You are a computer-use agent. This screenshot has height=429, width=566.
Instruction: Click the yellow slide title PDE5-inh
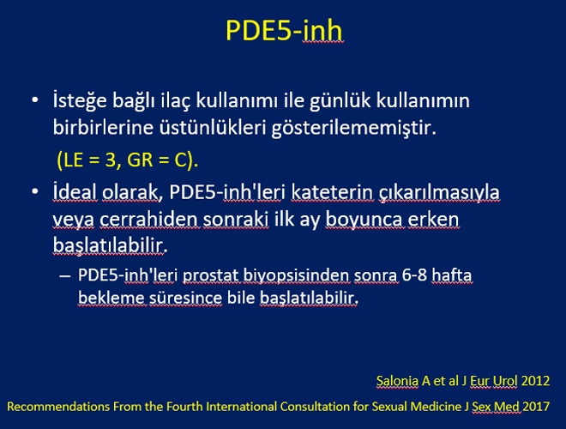point(284,30)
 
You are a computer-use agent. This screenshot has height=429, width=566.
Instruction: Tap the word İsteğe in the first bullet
point(80,100)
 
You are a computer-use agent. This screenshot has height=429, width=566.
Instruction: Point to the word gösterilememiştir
point(353,128)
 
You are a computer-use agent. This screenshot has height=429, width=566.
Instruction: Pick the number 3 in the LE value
point(110,160)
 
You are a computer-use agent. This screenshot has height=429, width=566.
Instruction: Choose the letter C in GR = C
point(180,160)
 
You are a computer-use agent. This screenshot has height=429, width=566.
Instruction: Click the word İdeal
point(75,191)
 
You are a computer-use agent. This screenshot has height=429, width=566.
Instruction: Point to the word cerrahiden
point(148,219)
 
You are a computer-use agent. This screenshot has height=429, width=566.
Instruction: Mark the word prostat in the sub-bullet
point(210,275)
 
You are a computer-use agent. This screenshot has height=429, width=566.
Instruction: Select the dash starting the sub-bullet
point(64,276)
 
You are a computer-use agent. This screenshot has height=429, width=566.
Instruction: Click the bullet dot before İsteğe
point(35,100)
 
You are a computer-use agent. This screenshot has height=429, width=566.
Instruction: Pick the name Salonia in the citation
point(397,381)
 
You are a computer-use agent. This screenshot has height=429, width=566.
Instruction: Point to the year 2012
point(536,381)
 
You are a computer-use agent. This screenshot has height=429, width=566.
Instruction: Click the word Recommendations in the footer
point(58,407)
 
